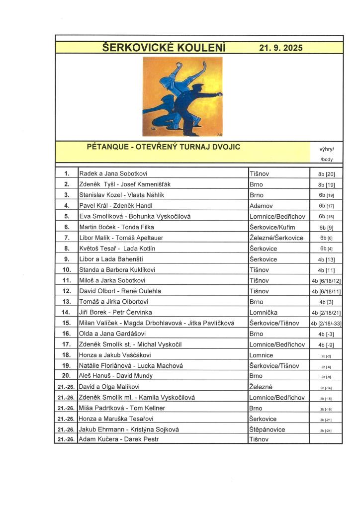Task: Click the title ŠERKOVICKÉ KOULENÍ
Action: coord(164,48)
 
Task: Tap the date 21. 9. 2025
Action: coord(280,48)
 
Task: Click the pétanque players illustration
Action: coord(182,97)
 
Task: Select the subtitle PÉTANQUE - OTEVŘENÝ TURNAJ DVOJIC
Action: coord(164,147)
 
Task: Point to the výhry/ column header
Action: coord(327,149)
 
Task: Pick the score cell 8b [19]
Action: coord(326,184)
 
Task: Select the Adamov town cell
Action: coord(263,205)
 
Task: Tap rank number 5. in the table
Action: coord(66,216)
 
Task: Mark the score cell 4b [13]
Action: coord(326,259)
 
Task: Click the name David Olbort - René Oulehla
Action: coord(120,291)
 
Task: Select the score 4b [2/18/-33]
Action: coord(326,323)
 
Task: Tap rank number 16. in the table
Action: coord(66,334)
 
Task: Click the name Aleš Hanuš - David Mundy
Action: coord(116,376)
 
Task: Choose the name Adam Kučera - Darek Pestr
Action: coord(119,439)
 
